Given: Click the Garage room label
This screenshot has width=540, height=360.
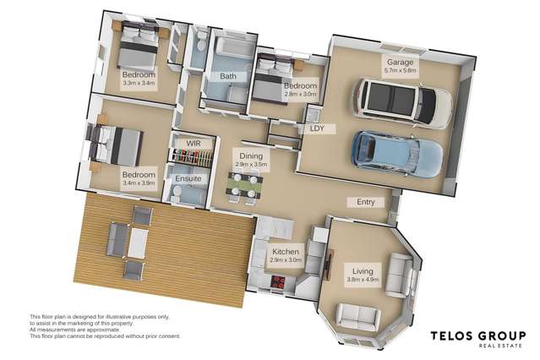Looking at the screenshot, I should pyautogui.click(x=400, y=63).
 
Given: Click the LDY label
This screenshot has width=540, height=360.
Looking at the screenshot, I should pyautogui.click(x=318, y=128).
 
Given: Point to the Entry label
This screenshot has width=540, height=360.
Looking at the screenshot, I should pyautogui.click(x=366, y=202).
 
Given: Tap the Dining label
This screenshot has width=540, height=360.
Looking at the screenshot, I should pyautogui.click(x=251, y=156).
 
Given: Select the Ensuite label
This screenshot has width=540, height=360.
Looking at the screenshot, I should pyautogui.click(x=188, y=179).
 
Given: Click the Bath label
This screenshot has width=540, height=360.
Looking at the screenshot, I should pyautogui.click(x=228, y=77).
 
